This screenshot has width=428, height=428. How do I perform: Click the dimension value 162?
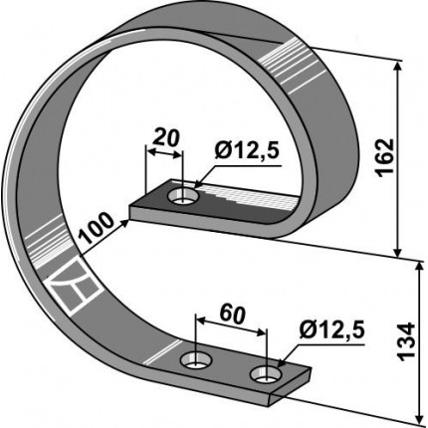[x=384, y=157]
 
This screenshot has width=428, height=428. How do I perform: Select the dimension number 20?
[x=166, y=138]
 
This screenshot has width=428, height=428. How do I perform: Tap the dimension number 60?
[x=233, y=315]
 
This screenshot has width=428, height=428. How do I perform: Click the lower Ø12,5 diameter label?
[x=331, y=330]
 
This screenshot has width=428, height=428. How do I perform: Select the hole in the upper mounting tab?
[x=183, y=197]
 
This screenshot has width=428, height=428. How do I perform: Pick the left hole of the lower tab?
[x=196, y=360]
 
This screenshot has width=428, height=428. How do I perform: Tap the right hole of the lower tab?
[x=266, y=374]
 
